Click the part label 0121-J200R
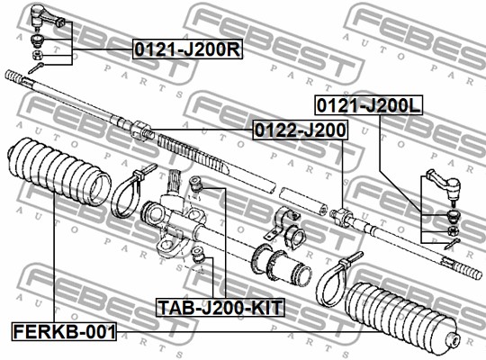(x=187, y=49)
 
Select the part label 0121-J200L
(x=368, y=105)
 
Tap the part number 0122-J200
(x=300, y=130)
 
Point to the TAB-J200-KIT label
(x=220, y=307)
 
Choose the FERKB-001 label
(x=64, y=331)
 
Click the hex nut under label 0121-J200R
(x=37, y=55)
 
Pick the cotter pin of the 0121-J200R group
(x=36, y=67)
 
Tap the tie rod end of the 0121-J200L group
(x=445, y=185)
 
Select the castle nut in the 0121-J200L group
(x=454, y=230)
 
